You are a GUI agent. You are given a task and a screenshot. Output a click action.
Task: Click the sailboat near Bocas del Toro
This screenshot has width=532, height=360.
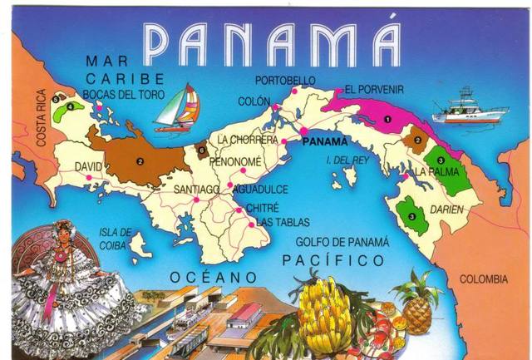point(178,109)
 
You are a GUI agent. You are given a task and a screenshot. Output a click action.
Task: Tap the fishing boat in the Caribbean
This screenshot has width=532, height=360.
point(470,107)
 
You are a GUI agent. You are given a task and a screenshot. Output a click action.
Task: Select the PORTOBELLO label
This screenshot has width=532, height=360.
point(285,80)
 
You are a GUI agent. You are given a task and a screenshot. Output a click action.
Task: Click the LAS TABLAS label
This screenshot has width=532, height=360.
point(283,222)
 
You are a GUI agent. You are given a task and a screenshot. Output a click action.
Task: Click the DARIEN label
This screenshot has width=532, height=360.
point(447,210)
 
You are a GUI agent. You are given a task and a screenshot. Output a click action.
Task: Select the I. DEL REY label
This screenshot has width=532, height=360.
point(346,160)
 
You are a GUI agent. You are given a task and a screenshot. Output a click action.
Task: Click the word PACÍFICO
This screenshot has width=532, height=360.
point(332,261)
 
